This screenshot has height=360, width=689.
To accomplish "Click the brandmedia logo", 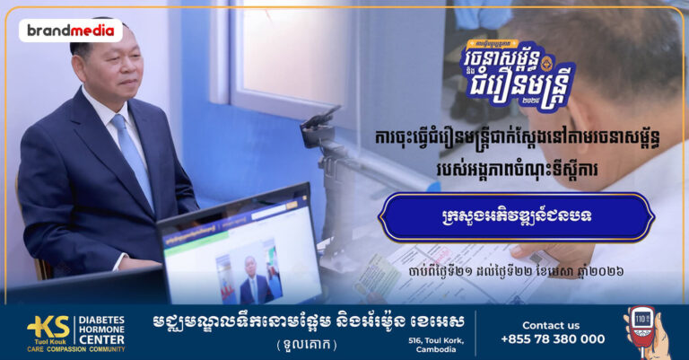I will point(70,31).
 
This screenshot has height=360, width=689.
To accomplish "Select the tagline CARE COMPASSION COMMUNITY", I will point(63,350).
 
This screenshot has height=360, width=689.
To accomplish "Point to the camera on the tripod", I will point(318,130).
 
